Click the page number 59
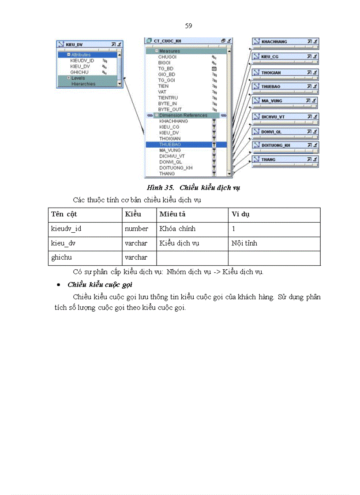tap(188, 26)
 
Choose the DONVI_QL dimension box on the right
tap(285, 132)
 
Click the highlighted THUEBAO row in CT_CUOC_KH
tap(186, 145)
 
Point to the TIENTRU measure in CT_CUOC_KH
tap(168, 98)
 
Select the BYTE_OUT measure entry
tap(170, 109)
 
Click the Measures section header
tap(169, 51)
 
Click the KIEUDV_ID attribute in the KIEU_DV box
tap(82, 61)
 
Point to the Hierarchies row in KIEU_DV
tap(83, 84)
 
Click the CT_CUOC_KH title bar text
tap(167, 41)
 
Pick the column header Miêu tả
tap(172, 215)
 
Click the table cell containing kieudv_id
tap(66, 229)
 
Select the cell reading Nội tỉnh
tap(244, 243)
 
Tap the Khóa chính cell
tap(177, 229)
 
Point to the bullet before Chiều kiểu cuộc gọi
tap(58, 285)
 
